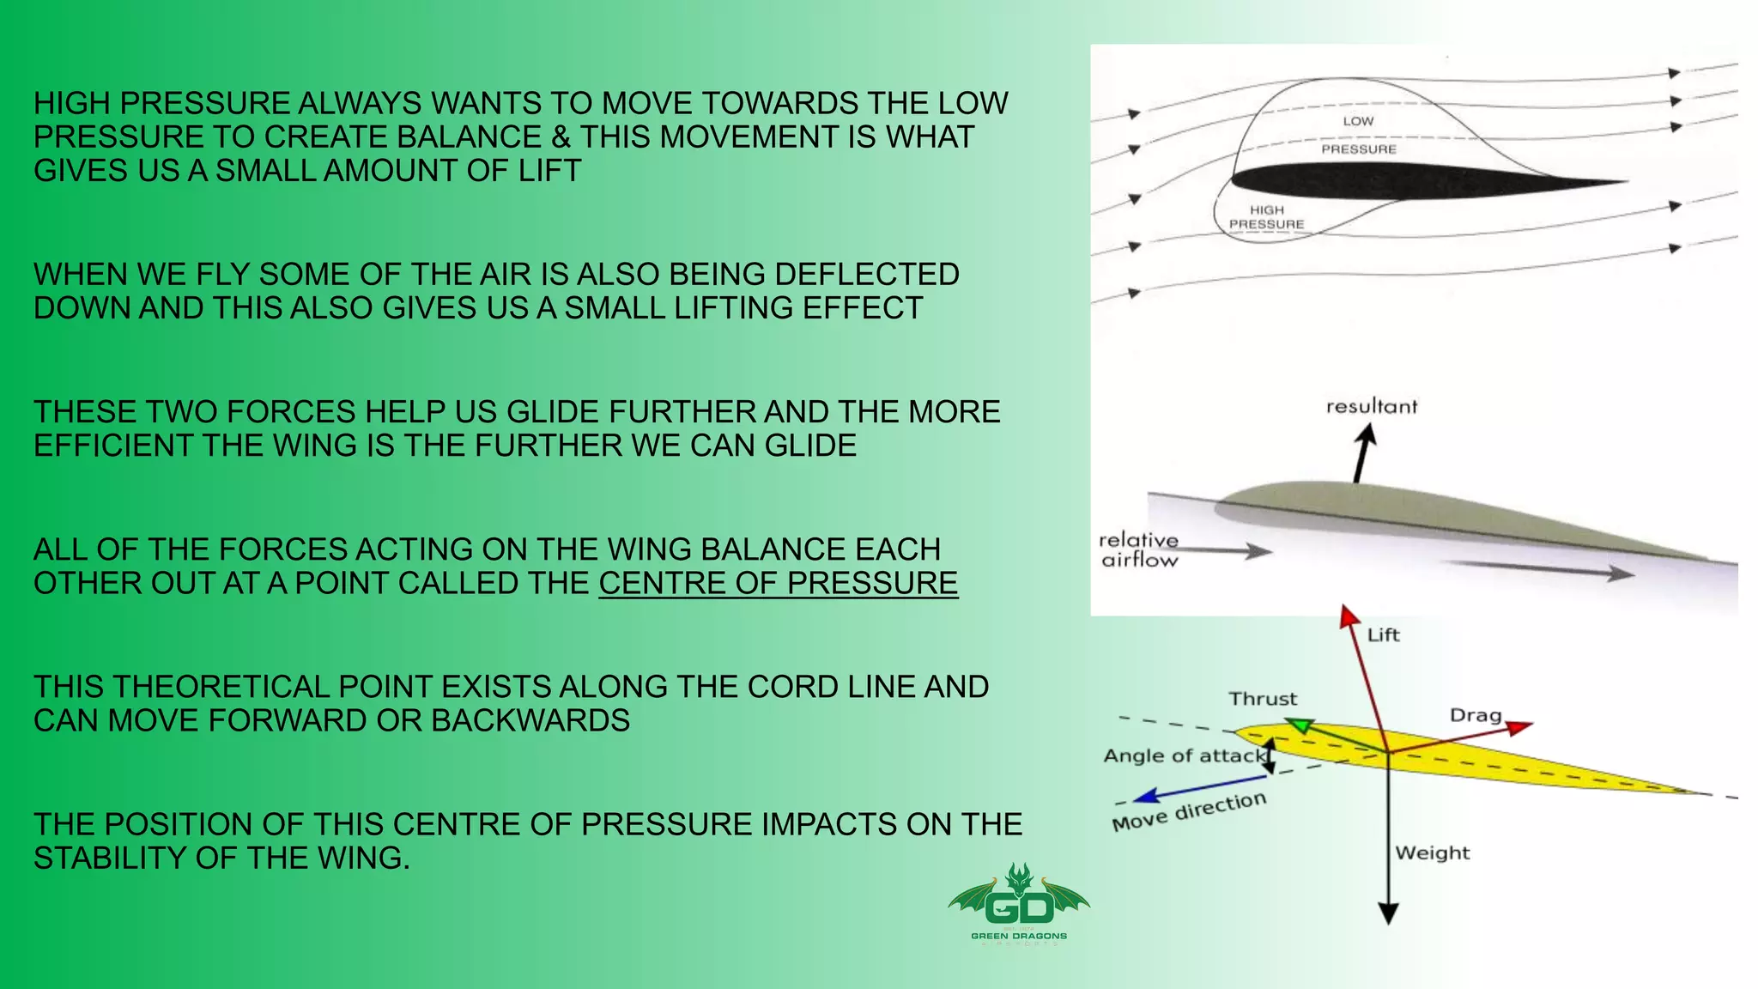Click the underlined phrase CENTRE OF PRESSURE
tap(778, 583)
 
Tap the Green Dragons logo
tap(1019, 904)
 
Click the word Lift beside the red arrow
tap(1383, 635)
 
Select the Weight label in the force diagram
tap(1432, 853)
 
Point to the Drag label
tap(1475, 716)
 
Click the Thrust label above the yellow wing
tap(1262, 699)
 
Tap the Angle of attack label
tap(1184, 756)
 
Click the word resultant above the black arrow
tap(1371, 407)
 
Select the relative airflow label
tap(1139, 550)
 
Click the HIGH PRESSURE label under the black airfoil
tap(1266, 217)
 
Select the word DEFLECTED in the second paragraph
tap(866, 274)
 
